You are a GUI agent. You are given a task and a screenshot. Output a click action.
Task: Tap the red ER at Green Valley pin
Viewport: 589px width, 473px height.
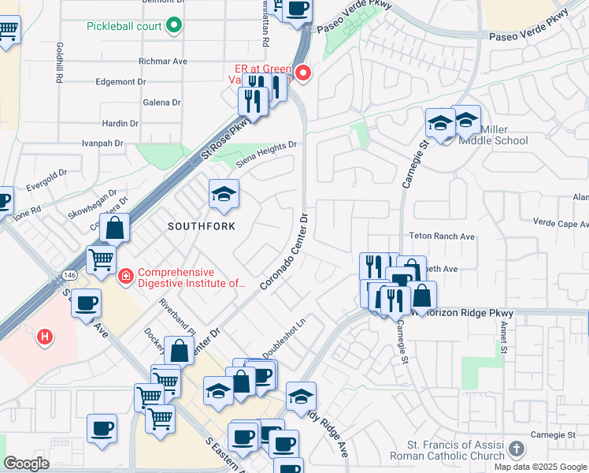(x=302, y=74)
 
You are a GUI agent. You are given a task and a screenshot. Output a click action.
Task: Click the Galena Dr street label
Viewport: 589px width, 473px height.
(x=162, y=102)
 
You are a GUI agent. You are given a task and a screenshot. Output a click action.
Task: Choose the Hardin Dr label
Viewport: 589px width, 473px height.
(x=120, y=123)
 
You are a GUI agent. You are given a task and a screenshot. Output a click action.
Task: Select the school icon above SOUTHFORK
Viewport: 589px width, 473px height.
(x=224, y=195)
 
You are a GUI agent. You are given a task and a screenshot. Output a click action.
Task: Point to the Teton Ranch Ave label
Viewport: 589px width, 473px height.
(x=442, y=236)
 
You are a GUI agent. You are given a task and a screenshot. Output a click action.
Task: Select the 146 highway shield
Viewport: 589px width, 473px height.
(x=60, y=274)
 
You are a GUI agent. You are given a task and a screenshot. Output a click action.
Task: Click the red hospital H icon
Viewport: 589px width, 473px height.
(x=46, y=337)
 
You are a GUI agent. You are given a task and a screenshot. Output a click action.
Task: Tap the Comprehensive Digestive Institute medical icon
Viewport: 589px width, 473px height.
(x=125, y=275)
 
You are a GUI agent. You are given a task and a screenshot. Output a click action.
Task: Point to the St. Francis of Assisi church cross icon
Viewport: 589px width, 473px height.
(x=516, y=449)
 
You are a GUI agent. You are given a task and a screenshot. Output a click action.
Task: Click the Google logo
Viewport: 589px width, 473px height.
(x=26, y=464)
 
